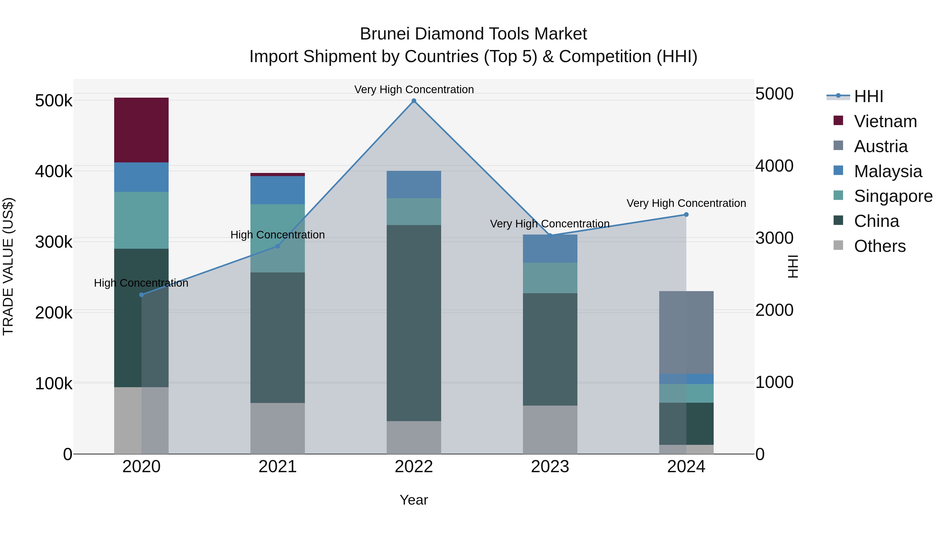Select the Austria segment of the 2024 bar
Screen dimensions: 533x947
tap(686, 332)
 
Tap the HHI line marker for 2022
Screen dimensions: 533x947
tap(414, 101)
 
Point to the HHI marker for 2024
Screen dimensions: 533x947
tap(686, 215)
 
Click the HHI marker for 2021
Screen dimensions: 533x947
tap(278, 246)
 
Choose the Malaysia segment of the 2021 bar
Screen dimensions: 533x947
tap(278, 190)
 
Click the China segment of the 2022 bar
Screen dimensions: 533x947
tap(414, 323)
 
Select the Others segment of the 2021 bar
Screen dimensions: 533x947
tap(278, 428)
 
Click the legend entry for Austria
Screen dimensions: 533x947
tap(880, 146)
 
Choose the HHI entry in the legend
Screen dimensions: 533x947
tap(868, 96)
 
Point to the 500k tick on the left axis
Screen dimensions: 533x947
tap(54, 101)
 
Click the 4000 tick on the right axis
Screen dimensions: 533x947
tap(774, 166)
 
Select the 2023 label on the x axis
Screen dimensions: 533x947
tap(550, 467)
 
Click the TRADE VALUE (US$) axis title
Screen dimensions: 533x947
tap(8, 266)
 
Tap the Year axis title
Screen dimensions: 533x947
tap(414, 500)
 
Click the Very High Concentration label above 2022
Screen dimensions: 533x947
tap(414, 89)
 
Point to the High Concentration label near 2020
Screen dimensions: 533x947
tap(141, 283)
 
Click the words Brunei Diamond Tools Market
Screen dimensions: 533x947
tap(473, 34)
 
